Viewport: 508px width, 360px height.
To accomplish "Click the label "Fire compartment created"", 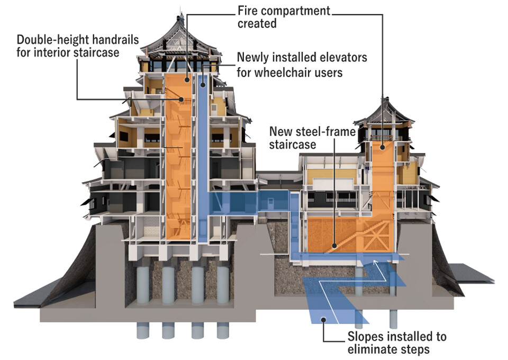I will (283, 17).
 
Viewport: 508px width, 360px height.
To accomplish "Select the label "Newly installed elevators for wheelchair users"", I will (302, 64).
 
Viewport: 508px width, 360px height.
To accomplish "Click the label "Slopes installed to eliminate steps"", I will (396, 343).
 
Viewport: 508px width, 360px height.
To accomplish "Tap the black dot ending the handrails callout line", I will (181, 99).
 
